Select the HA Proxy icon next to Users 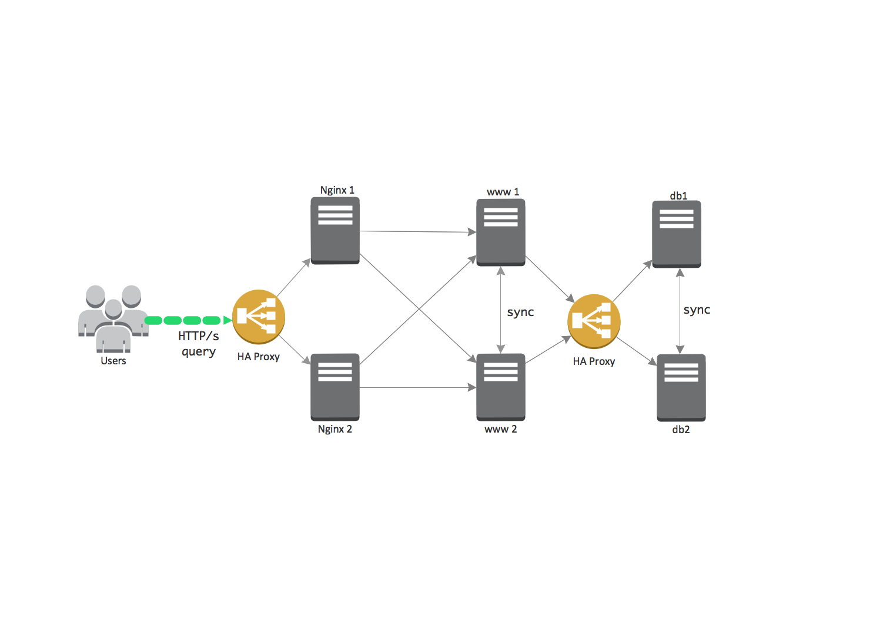click(258, 317)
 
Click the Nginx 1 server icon click(335, 230)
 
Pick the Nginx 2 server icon click(335, 387)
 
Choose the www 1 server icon click(500, 232)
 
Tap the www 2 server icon click(500, 387)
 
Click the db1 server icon click(676, 234)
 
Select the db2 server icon click(681, 387)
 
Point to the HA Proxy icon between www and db click(594, 321)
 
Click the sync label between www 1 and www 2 click(520, 312)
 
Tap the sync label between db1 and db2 click(697, 310)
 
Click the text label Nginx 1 click(337, 190)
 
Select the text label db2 click(681, 430)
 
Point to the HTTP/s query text click(199, 343)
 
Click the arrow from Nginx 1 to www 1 click(417, 232)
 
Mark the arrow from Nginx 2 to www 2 click(417, 387)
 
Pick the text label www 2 click(500, 429)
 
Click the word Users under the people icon click(113, 361)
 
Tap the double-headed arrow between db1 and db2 click(680, 311)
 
